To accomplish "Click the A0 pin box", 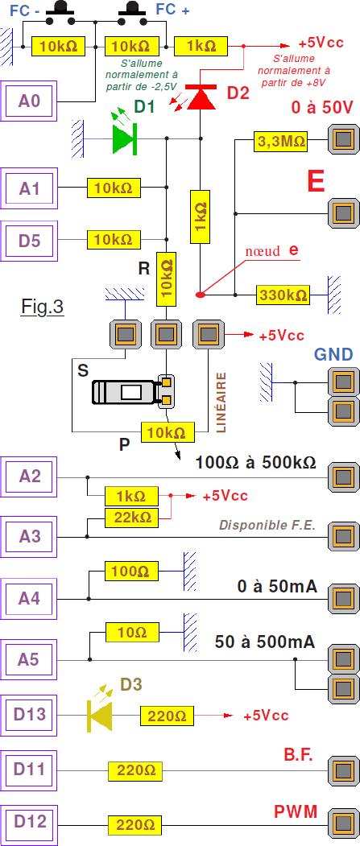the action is [x=29, y=100].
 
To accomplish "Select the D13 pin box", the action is [x=29, y=715].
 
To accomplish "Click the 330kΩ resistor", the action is [x=283, y=295].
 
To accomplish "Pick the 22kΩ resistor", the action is [x=132, y=518].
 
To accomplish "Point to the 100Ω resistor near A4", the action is [x=132, y=571].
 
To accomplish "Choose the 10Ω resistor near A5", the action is [x=132, y=632].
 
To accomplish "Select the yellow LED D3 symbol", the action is [x=101, y=712].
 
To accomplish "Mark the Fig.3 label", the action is [x=43, y=306].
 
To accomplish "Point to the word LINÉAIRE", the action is [x=221, y=402].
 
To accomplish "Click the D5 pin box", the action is [x=29, y=240].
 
